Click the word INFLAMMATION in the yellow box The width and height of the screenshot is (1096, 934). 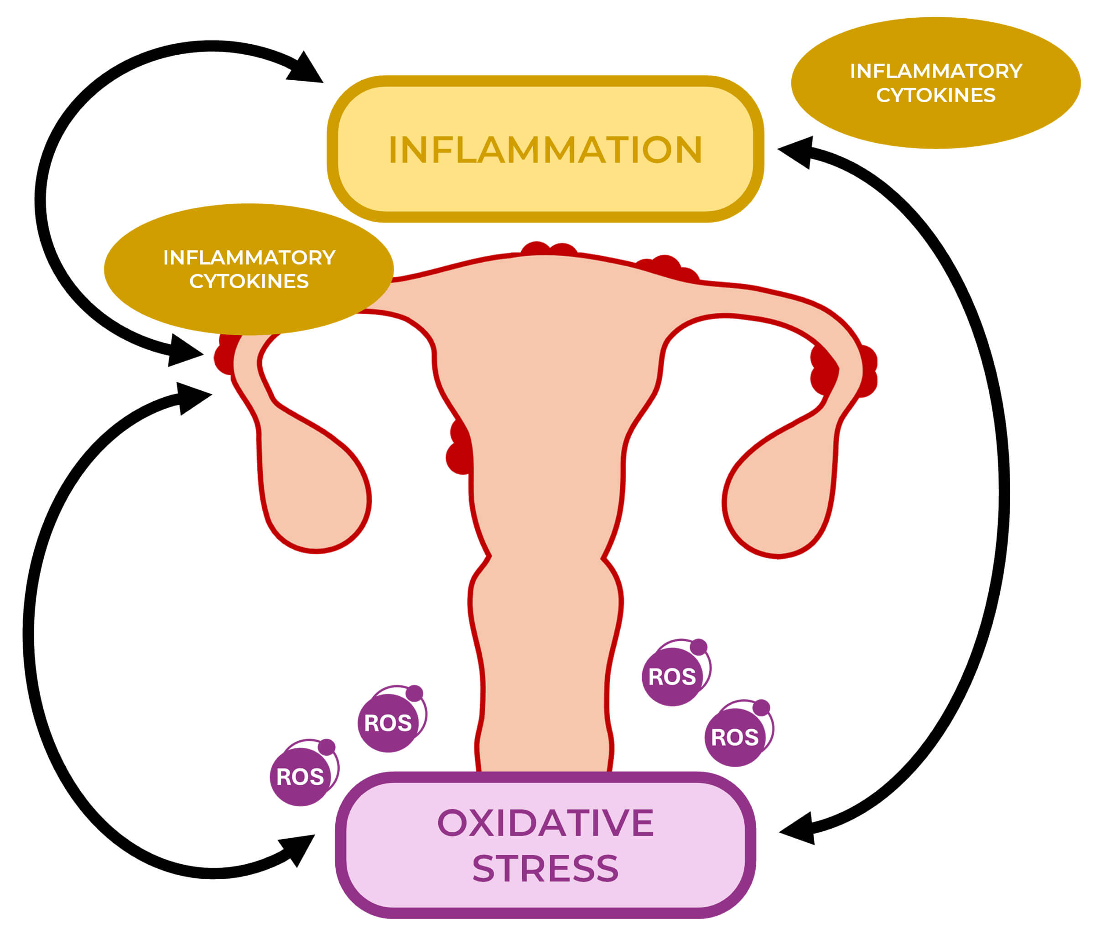click(545, 150)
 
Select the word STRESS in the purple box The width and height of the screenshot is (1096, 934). click(545, 868)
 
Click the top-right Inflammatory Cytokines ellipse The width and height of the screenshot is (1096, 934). click(935, 83)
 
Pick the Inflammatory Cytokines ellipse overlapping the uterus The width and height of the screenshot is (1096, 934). click(249, 269)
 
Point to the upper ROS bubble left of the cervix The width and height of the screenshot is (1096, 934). click(388, 722)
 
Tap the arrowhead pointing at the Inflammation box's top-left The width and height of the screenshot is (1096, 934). click(306, 69)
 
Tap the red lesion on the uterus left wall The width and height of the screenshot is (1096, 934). click(459, 447)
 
